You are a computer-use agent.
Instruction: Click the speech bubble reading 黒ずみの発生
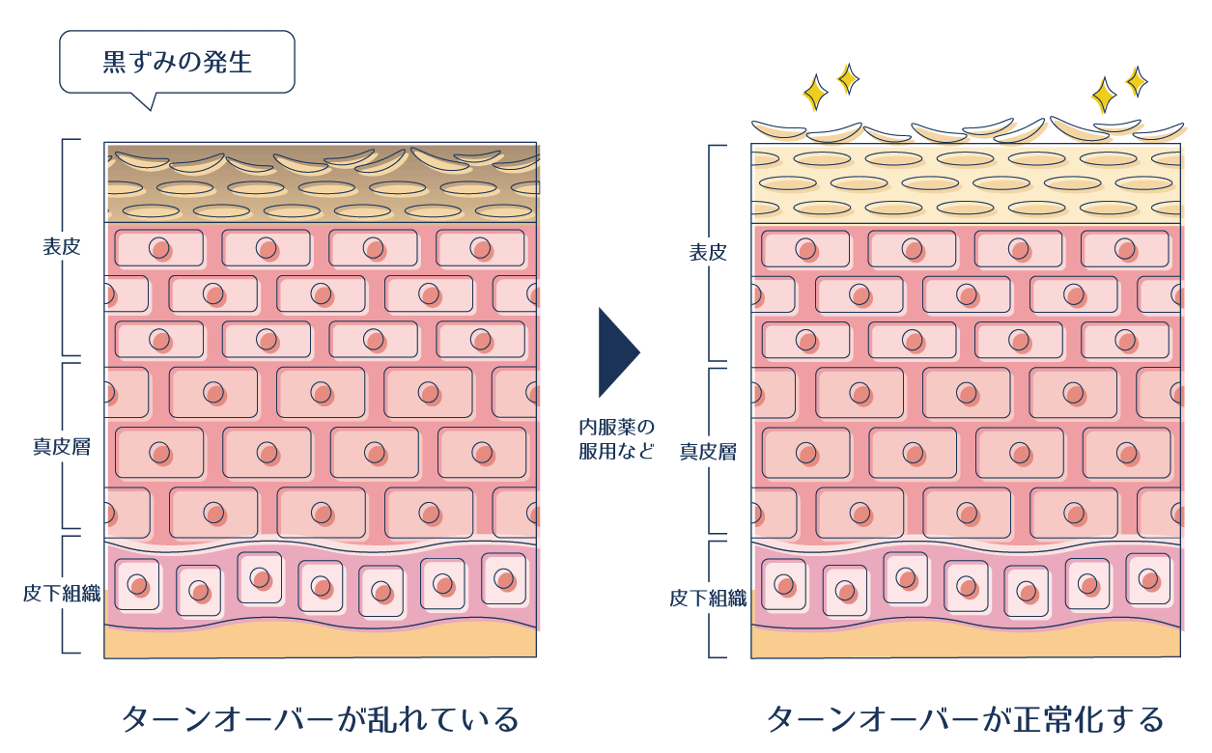coord(177,63)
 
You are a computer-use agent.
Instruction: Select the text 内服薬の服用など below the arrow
coord(616,439)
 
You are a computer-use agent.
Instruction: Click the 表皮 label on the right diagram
coord(707,253)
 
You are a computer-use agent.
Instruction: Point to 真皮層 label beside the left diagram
coord(61,447)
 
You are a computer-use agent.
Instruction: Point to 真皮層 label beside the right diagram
coord(707,451)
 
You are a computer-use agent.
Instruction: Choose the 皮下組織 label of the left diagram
coord(61,593)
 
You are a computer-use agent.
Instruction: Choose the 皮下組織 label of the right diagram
coord(707,599)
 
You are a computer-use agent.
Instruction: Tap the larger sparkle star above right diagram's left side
coord(816,94)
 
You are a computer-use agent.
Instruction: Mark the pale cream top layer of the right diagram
coord(966,183)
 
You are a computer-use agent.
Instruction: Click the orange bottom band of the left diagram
coord(321,642)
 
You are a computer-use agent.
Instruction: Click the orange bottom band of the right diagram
coord(966,643)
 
